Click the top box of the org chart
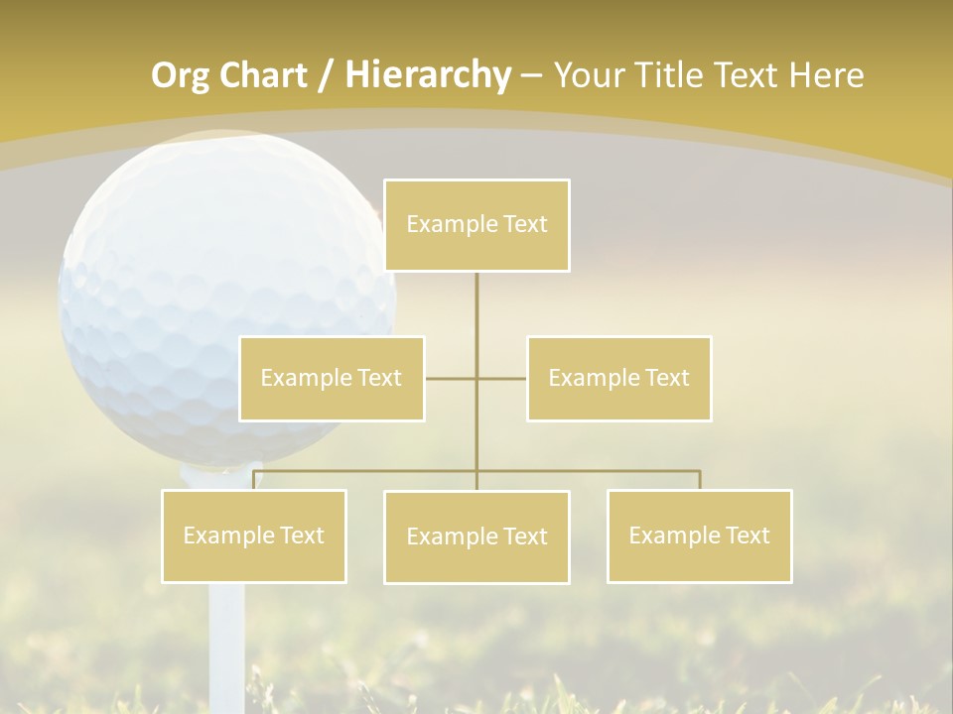pyautogui.click(x=476, y=225)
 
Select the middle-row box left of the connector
pyautogui.click(x=332, y=378)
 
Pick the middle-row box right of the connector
pyautogui.click(x=618, y=378)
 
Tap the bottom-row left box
pyautogui.click(x=254, y=535)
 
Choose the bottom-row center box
pyautogui.click(x=476, y=536)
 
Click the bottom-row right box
pyautogui.click(x=699, y=535)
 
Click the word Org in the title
pyautogui.click(x=180, y=75)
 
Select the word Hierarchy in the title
pyautogui.click(x=428, y=75)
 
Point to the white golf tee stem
pyautogui.click(x=227, y=635)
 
